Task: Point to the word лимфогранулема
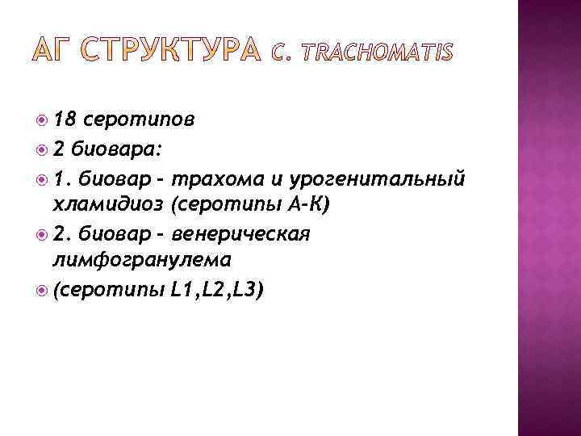click(x=140, y=261)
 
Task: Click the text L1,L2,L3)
click(x=217, y=289)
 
